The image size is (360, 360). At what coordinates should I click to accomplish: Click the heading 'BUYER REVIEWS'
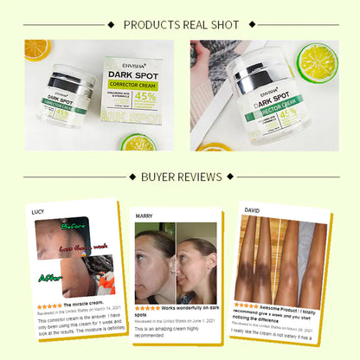pos(180,178)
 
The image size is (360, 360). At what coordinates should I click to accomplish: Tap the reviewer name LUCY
pos(37,212)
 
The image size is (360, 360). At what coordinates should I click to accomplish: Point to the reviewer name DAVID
pos(252,209)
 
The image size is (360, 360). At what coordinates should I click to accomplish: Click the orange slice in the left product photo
pos(36,50)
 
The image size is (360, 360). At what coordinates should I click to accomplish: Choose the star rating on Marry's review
pos(147,307)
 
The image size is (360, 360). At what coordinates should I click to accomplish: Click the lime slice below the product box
pos(139,141)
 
